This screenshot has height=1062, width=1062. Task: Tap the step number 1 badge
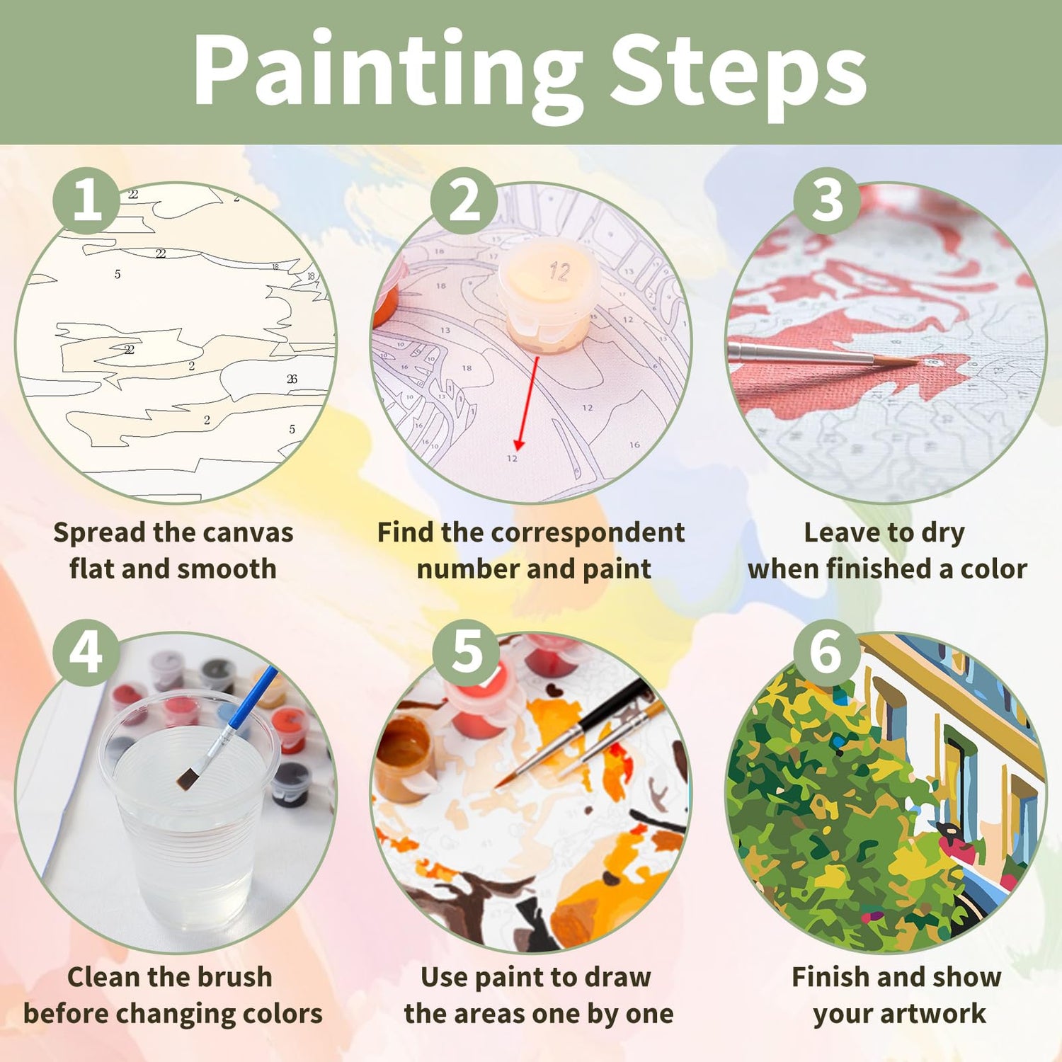[86, 201]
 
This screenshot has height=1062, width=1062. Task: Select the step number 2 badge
[464, 201]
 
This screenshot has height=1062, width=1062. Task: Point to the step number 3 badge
[827, 201]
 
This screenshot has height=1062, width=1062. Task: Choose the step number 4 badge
[86, 653]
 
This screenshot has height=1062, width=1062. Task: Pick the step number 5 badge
[466, 653]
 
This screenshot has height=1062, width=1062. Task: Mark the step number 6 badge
[826, 653]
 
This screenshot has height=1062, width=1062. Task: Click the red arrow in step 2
[528, 403]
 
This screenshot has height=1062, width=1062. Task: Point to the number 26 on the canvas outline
[292, 379]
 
